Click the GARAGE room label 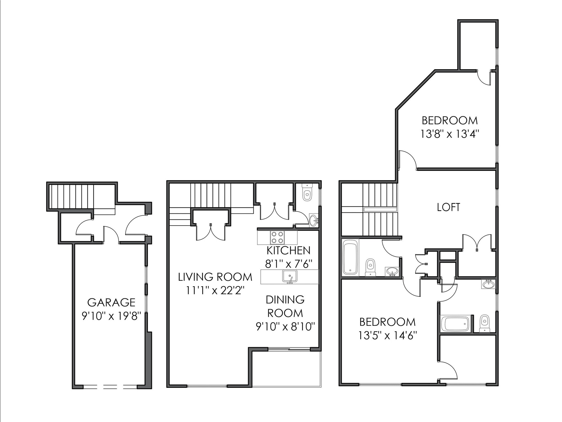111,302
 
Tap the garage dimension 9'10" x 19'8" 111,316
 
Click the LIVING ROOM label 215,277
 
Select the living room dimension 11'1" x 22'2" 215,290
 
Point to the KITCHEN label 288,251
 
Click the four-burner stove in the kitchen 277,237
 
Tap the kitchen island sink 290,276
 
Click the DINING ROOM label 285,306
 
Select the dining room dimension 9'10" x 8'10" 285,327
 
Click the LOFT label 448,207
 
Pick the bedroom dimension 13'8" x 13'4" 450,134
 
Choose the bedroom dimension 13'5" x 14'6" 387,335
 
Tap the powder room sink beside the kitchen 313,220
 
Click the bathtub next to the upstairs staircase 350,257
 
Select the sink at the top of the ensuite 488,284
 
